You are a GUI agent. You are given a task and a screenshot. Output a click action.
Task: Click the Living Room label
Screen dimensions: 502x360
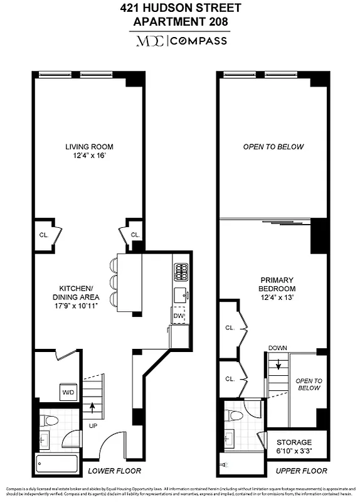click(x=89, y=147)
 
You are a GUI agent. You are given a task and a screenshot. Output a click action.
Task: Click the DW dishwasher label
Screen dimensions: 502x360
click(x=179, y=316)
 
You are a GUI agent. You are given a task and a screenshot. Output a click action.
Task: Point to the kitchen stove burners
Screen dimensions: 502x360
click(x=180, y=272)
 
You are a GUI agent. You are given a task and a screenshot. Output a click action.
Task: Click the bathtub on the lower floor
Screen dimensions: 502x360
click(x=57, y=464)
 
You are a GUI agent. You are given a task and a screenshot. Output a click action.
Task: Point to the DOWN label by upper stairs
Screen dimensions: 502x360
click(x=277, y=348)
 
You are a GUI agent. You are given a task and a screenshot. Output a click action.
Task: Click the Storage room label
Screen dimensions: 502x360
click(x=294, y=442)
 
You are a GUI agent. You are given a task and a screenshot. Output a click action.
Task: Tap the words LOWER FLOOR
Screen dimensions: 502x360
click(x=114, y=471)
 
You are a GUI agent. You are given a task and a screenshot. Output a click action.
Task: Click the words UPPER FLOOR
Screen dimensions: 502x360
click(x=301, y=471)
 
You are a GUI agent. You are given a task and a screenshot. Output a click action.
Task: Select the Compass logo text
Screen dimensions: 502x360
click(x=202, y=41)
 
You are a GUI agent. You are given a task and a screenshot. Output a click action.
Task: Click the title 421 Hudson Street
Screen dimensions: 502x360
click(x=179, y=9)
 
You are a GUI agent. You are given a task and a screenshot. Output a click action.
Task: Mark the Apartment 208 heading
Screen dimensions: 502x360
click(x=179, y=21)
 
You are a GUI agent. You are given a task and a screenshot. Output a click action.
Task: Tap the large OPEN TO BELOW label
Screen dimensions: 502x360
click(x=273, y=147)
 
